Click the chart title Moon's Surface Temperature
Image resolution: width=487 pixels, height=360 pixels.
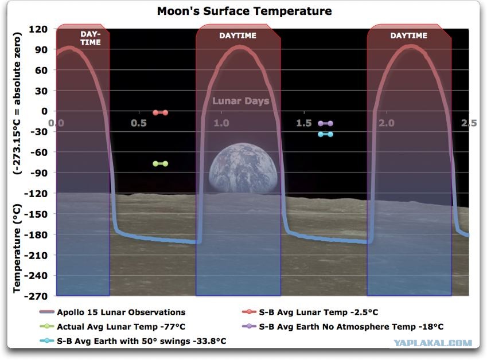pyautogui.click(x=244, y=11)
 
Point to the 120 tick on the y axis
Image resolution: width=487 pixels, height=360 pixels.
pyautogui.click(x=38, y=29)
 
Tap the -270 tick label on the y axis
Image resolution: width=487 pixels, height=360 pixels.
pyautogui.click(x=36, y=296)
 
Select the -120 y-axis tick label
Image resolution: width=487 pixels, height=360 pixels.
pyautogui.click(x=36, y=194)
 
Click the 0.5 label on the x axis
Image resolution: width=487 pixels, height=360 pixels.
pyautogui.click(x=138, y=123)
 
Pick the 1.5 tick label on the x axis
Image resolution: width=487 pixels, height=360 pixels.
pyautogui.click(x=304, y=123)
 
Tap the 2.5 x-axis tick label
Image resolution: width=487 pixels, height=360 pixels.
pyautogui.click(x=469, y=123)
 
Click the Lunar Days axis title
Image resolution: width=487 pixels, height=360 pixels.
pyautogui.click(x=241, y=101)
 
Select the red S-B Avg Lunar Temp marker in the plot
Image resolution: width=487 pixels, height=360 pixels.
pyautogui.click(x=160, y=113)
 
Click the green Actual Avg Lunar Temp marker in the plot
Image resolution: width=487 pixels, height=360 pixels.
pyautogui.click(x=160, y=163)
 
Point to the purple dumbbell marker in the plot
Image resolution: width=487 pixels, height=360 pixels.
pyautogui.click(x=325, y=123)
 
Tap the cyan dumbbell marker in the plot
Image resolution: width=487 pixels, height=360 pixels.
pyautogui.click(x=325, y=134)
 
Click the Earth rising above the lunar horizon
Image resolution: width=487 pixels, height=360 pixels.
pyautogui.click(x=243, y=168)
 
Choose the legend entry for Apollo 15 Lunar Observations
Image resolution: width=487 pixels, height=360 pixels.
pyautogui.click(x=112, y=312)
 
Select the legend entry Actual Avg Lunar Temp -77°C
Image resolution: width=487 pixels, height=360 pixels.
pyautogui.click(x=112, y=327)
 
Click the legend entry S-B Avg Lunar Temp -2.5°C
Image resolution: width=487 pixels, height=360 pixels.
pyautogui.click(x=310, y=312)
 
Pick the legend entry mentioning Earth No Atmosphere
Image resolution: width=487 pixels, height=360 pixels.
pyautogui.click(x=342, y=327)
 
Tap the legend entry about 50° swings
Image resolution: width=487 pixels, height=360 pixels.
pyautogui.click(x=133, y=341)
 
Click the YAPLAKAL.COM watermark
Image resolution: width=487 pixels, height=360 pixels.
pyautogui.click(x=433, y=343)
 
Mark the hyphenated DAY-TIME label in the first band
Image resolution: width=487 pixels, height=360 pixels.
pyautogui.click(x=91, y=38)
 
